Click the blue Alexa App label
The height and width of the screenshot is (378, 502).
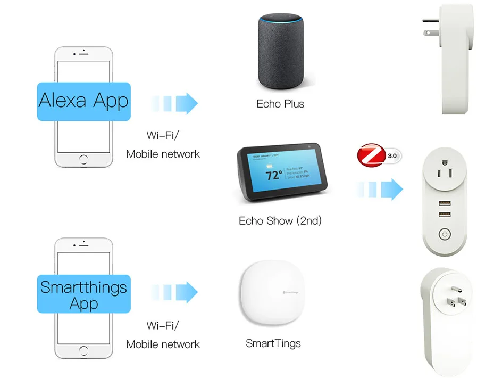tap(83, 101)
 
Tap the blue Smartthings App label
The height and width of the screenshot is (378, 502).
tap(83, 294)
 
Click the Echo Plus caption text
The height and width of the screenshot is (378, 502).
tap(280, 104)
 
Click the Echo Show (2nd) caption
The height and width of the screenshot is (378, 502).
tap(280, 220)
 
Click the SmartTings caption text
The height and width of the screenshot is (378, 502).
tap(273, 343)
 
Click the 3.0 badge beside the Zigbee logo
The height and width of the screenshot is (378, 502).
tap(392, 156)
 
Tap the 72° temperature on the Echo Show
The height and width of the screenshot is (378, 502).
tap(274, 175)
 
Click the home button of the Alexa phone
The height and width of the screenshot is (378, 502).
tap(83, 159)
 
